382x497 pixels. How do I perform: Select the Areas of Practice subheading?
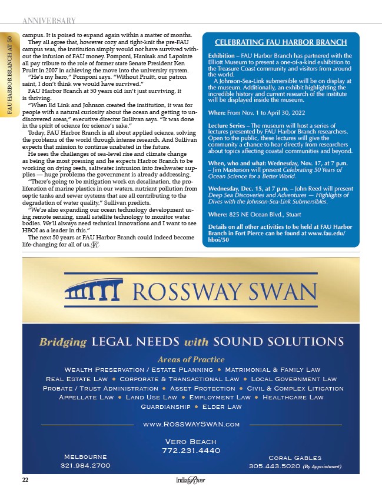(191, 359)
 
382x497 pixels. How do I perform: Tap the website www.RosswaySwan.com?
(191, 424)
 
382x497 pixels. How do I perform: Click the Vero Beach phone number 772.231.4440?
(191, 451)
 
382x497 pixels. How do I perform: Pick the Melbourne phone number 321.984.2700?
(85, 465)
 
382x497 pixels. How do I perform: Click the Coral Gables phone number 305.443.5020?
(274, 467)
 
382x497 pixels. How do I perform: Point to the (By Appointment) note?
(323, 468)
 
